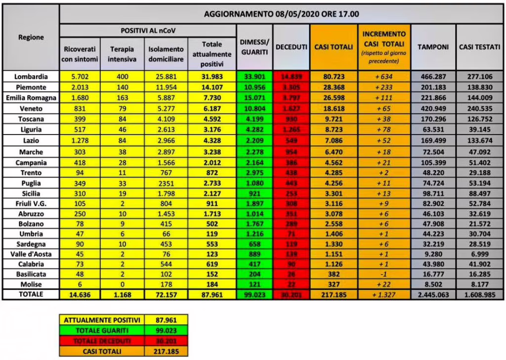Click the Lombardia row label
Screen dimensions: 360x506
(31, 76)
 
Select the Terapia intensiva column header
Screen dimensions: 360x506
(122, 54)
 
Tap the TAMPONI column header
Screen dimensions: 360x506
(433, 47)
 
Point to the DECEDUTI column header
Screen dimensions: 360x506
(292, 47)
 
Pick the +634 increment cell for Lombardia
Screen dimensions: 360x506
(385, 76)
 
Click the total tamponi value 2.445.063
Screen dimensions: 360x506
(433, 294)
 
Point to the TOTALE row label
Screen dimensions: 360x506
(31, 294)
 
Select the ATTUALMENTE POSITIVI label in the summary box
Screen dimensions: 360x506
(102, 320)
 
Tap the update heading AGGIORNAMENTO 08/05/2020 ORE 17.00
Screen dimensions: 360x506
(282, 14)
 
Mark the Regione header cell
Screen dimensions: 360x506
(31, 37)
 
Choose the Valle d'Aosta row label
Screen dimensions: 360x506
(31, 254)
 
